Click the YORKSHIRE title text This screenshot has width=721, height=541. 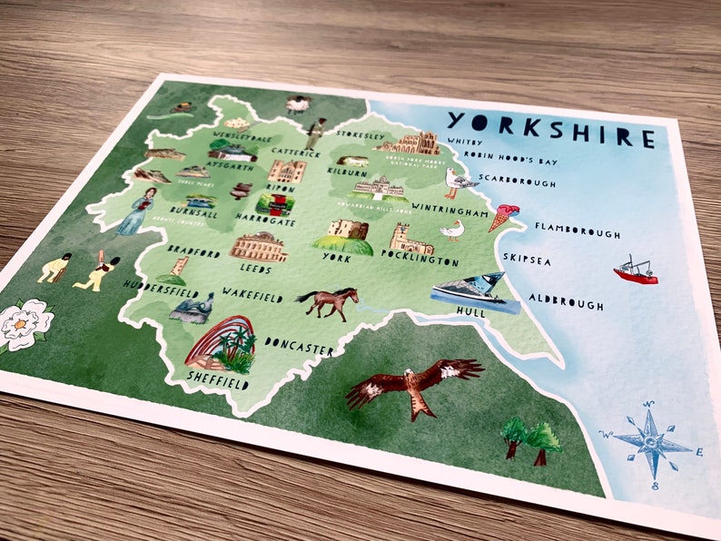pyautogui.click(x=550, y=129)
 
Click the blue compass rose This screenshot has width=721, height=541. pyautogui.click(x=651, y=444)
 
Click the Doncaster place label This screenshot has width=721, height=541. pyautogui.click(x=300, y=346)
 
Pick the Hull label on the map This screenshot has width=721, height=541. pyautogui.click(x=471, y=312)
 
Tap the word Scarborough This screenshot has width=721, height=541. pyautogui.click(x=517, y=182)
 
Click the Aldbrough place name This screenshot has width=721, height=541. pyautogui.click(x=565, y=303)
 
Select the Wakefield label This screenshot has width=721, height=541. pyautogui.click(x=252, y=296)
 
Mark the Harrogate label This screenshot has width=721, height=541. pyautogui.click(x=265, y=222)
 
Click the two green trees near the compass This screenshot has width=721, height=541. pyautogui.click(x=529, y=438)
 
